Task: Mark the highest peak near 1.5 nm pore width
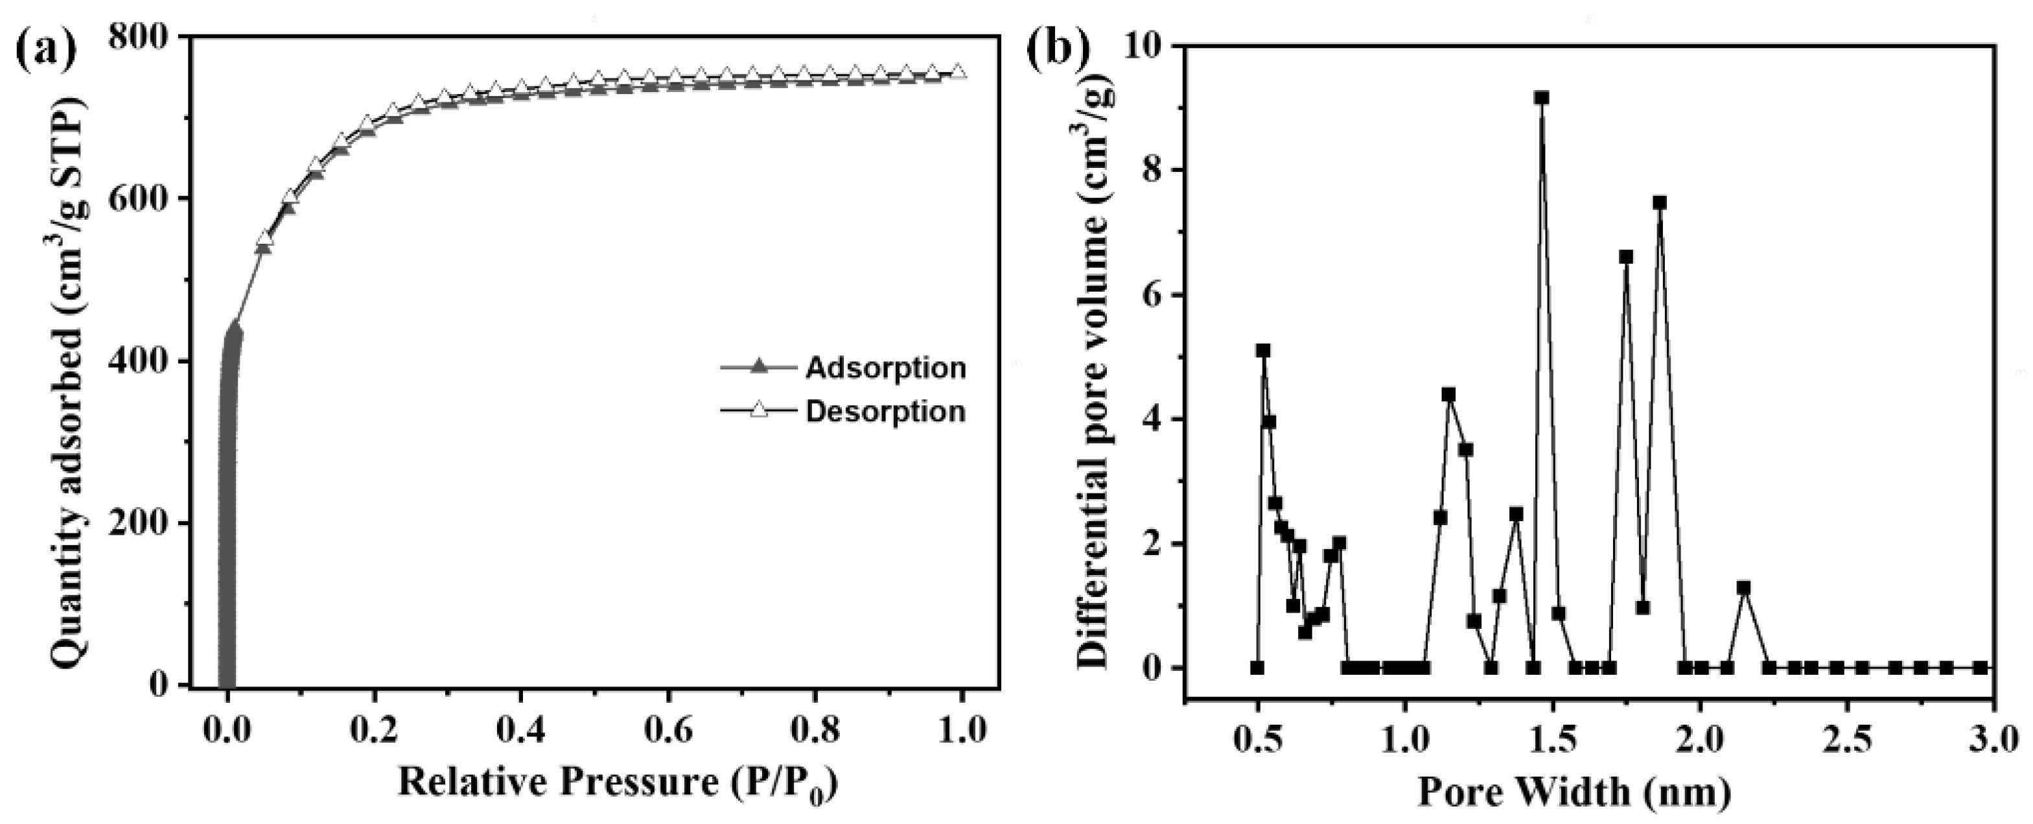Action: (1541, 97)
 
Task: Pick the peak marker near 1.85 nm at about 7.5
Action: (1659, 203)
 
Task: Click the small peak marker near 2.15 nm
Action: (1743, 588)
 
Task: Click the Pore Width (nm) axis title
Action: (1574, 792)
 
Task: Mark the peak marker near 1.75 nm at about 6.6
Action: (1626, 257)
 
